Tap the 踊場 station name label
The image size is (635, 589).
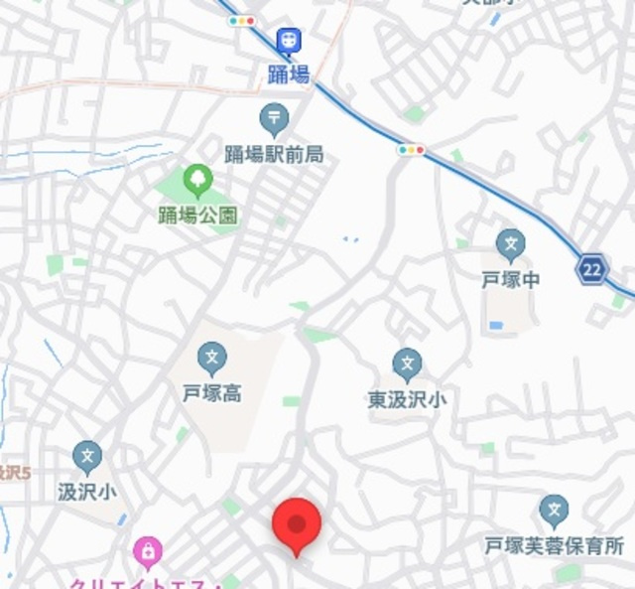point(289,74)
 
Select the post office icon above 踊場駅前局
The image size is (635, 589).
point(274,120)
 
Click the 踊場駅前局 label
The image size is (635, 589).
point(274,154)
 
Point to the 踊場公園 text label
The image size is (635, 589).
point(198,215)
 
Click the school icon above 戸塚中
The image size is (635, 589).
point(511,244)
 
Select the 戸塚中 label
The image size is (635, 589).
point(511,279)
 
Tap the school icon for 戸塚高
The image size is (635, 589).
point(211,359)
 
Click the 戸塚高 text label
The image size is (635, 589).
point(211,393)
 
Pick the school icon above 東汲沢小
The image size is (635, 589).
point(407,365)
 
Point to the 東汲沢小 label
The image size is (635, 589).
point(407,399)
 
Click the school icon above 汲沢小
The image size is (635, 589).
point(87,457)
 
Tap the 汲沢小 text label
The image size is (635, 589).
point(87,491)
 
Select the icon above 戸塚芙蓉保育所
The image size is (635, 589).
point(555,512)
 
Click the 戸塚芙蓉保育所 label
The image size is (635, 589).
point(555,545)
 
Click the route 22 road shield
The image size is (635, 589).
point(592,269)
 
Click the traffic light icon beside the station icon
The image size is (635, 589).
point(241,20)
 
